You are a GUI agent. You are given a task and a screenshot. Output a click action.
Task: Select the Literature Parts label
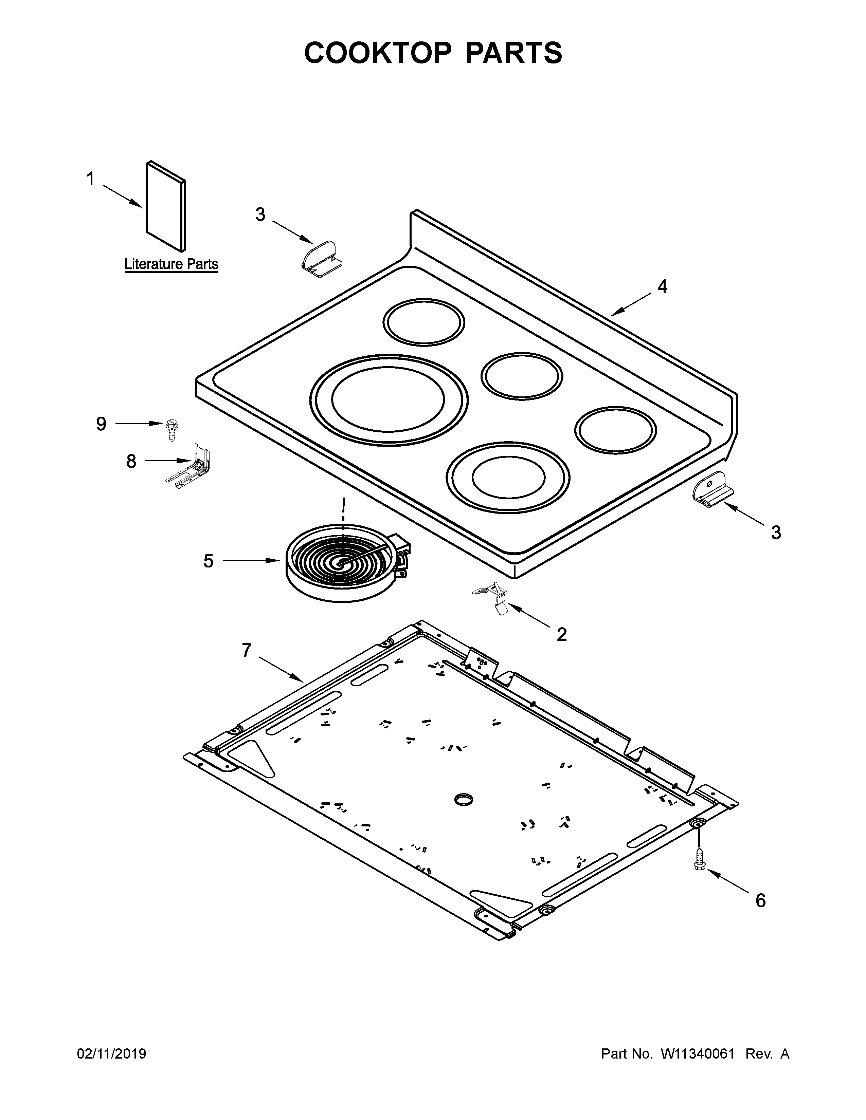pyautogui.click(x=172, y=265)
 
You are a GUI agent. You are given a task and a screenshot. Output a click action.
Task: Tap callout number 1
pyautogui.click(x=90, y=180)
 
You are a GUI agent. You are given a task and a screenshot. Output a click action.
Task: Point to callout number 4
pyautogui.click(x=662, y=287)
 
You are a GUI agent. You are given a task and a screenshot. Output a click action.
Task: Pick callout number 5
pyautogui.click(x=208, y=561)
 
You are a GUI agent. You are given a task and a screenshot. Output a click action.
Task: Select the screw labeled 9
pyautogui.click(x=170, y=429)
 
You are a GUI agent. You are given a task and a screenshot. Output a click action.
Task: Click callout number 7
pyautogui.click(x=247, y=650)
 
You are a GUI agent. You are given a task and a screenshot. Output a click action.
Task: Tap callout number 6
pyautogui.click(x=760, y=900)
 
